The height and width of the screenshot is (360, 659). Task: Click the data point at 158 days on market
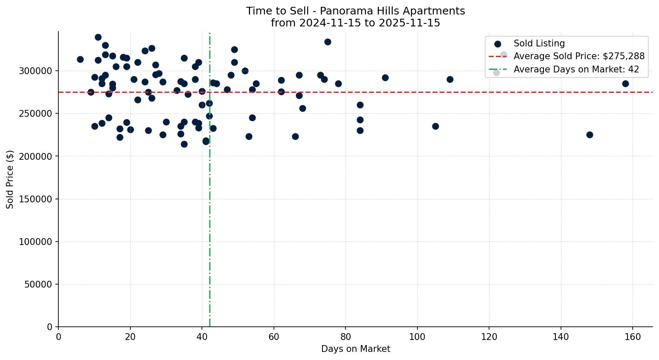pos(625,84)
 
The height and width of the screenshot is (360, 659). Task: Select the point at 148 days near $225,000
pos(590,135)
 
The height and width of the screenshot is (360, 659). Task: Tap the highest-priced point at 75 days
pos(328,42)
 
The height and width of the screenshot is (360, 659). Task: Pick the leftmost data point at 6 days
pos(80,59)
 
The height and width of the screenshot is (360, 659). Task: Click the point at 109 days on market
pos(450,79)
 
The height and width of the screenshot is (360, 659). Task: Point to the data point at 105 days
pos(435,126)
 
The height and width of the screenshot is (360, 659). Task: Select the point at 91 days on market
pos(385,78)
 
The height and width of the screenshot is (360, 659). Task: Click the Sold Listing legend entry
pos(539,43)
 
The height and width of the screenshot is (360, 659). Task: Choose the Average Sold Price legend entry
pos(579,56)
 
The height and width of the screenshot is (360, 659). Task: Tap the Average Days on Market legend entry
pos(576,69)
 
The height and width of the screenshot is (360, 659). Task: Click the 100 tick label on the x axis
pos(417,337)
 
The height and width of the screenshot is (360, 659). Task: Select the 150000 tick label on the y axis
pos(38,199)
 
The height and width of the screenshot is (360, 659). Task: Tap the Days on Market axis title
pos(356,349)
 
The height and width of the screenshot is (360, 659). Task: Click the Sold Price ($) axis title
pos(10,179)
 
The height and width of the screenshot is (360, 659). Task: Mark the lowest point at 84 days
pos(360,130)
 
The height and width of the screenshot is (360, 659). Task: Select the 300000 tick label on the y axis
pos(38,71)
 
